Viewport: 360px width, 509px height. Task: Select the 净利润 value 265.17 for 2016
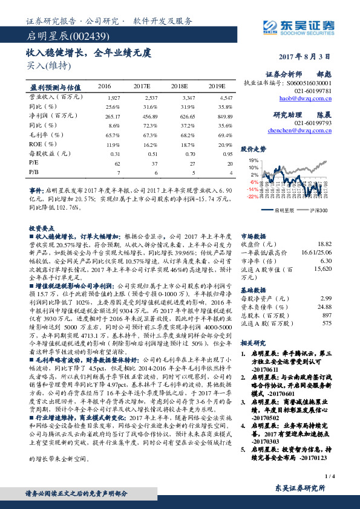(113, 115)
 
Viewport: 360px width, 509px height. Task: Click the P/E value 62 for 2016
(117, 163)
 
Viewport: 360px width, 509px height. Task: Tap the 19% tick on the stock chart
(254, 160)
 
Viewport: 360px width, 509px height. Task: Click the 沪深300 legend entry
(319, 211)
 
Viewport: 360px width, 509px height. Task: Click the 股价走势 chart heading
(254, 148)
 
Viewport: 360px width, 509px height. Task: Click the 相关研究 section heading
(252, 343)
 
